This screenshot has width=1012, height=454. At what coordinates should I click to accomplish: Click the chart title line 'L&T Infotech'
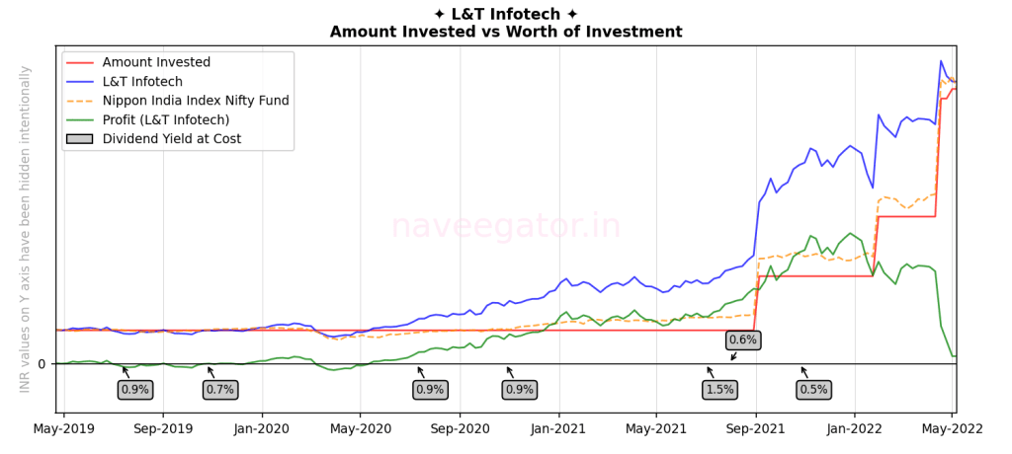click(x=506, y=14)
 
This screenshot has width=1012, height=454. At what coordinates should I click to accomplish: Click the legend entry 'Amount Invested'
click(x=156, y=62)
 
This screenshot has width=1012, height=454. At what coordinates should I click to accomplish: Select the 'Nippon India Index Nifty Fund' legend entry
click(x=196, y=101)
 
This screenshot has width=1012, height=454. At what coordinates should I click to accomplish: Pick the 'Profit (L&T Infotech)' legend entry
click(x=171, y=119)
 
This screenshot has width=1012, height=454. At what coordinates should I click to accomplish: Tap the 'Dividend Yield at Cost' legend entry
click(x=171, y=139)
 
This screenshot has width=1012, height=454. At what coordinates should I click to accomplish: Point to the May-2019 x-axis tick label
click(x=63, y=429)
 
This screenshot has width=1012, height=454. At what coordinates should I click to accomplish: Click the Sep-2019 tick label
click(x=163, y=429)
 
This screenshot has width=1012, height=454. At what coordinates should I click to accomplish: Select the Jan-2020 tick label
click(x=261, y=429)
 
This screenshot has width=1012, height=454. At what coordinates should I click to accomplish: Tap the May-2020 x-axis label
click(x=360, y=429)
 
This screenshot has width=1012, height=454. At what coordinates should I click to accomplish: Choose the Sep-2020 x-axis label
click(x=460, y=429)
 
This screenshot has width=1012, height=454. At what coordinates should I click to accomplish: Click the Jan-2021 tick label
click(x=558, y=429)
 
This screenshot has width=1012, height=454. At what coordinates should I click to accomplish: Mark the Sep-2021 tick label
click(x=756, y=429)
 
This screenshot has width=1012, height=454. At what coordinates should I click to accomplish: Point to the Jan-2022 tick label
click(x=855, y=429)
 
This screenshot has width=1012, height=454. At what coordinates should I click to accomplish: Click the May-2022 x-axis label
click(x=952, y=429)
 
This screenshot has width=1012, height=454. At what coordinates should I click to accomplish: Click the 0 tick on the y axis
click(x=42, y=364)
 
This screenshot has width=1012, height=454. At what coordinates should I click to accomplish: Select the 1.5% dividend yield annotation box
click(x=720, y=390)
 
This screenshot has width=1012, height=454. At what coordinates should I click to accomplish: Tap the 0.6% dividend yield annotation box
click(x=742, y=340)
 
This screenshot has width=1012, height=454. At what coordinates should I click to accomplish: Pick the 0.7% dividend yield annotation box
click(x=219, y=390)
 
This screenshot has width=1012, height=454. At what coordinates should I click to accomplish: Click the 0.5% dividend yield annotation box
click(x=813, y=390)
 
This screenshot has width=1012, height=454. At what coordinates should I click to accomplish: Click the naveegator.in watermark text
click(x=506, y=226)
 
